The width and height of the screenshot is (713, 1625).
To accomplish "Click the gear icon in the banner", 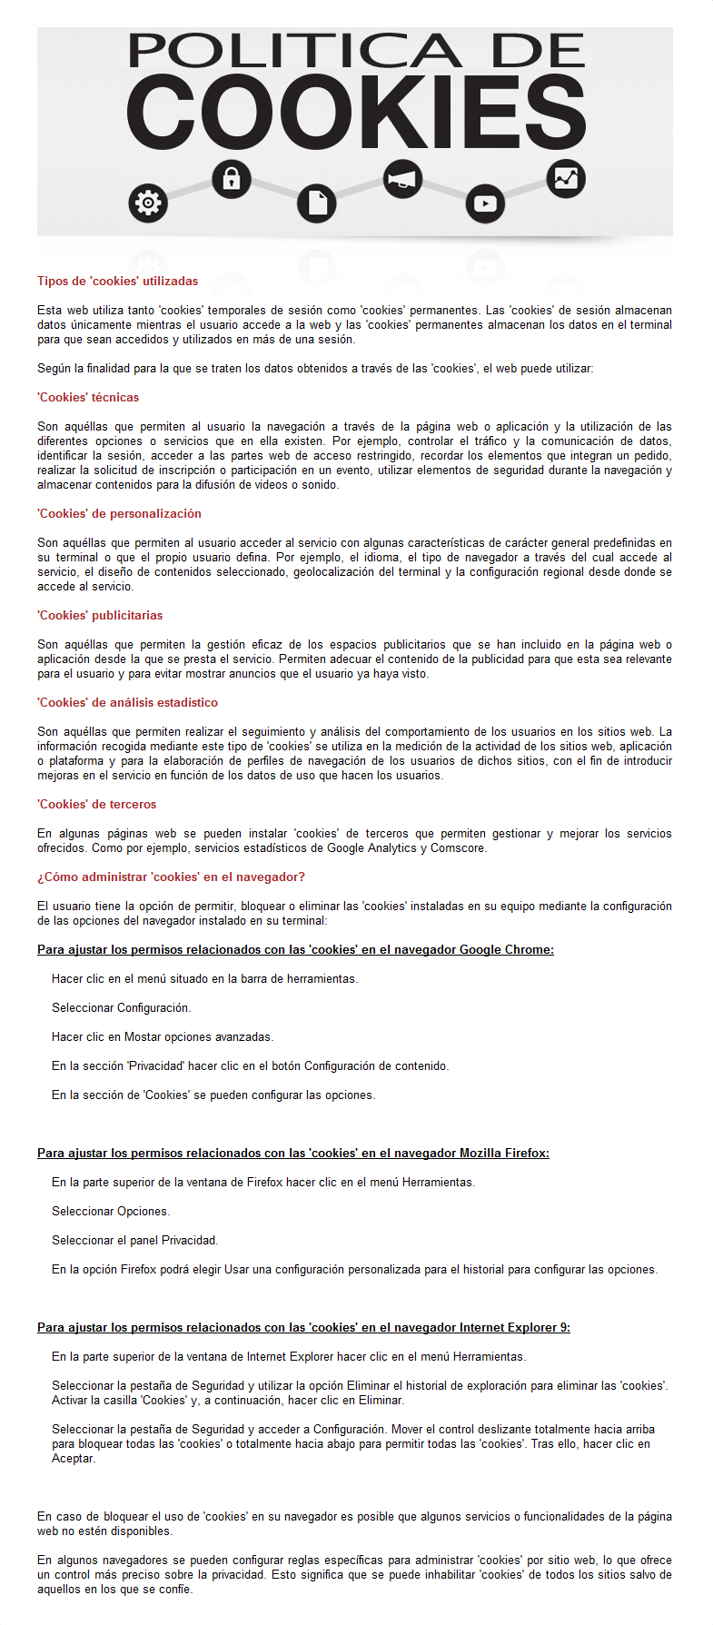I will (148, 203).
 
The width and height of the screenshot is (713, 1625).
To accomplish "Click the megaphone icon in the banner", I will (401, 179).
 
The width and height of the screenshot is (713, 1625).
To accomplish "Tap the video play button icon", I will (485, 203).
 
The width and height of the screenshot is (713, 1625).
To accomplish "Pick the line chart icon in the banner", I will (566, 178).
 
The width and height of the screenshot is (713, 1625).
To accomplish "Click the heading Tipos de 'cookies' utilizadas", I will (117, 282).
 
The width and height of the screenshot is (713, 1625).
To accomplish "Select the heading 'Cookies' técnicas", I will (88, 398).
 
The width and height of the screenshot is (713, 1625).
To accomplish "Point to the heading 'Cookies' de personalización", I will (119, 514).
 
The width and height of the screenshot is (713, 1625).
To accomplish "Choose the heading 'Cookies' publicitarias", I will (100, 616).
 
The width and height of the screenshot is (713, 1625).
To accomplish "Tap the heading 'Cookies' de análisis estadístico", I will (127, 703).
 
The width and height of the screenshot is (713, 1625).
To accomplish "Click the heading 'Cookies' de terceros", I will (96, 805).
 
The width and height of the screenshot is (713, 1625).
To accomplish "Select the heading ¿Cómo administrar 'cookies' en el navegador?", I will (171, 877).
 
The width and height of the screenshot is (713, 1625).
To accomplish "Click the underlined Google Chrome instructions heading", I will (295, 950).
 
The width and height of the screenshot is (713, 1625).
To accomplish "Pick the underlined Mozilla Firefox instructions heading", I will (292, 1154).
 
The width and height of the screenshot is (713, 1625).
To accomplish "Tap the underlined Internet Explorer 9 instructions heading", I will (303, 1328).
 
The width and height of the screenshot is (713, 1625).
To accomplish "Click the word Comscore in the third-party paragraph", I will (458, 848).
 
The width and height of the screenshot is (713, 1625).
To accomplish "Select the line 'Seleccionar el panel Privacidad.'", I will (134, 1241).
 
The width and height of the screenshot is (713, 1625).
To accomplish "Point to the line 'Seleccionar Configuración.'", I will (121, 1008).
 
